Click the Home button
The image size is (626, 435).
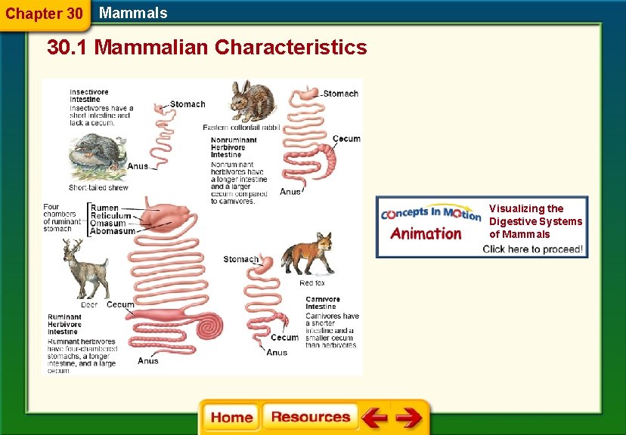pyautogui.click(x=231, y=418)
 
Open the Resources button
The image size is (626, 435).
pyautogui.click(x=310, y=418)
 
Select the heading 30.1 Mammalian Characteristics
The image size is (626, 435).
pyautogui.click(x=206, y=48)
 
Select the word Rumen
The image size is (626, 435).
pyautogui.click(x=104, y=208)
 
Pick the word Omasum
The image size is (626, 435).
pyautogui.click(x=108, y=224)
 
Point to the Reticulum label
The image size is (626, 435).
pyautogui.click(x=111, y=216)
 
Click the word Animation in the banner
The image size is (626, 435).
pyautogui.click(x=426, y=233)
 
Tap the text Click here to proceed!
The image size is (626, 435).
pyautogui.click(x=533, y=249)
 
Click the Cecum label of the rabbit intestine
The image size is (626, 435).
pyautogui.click(x=346, y=139)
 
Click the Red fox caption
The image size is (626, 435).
pyautogui.click(x=312, y=283)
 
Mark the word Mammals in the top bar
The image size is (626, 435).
pyautogui.click(x=133, y=13)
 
